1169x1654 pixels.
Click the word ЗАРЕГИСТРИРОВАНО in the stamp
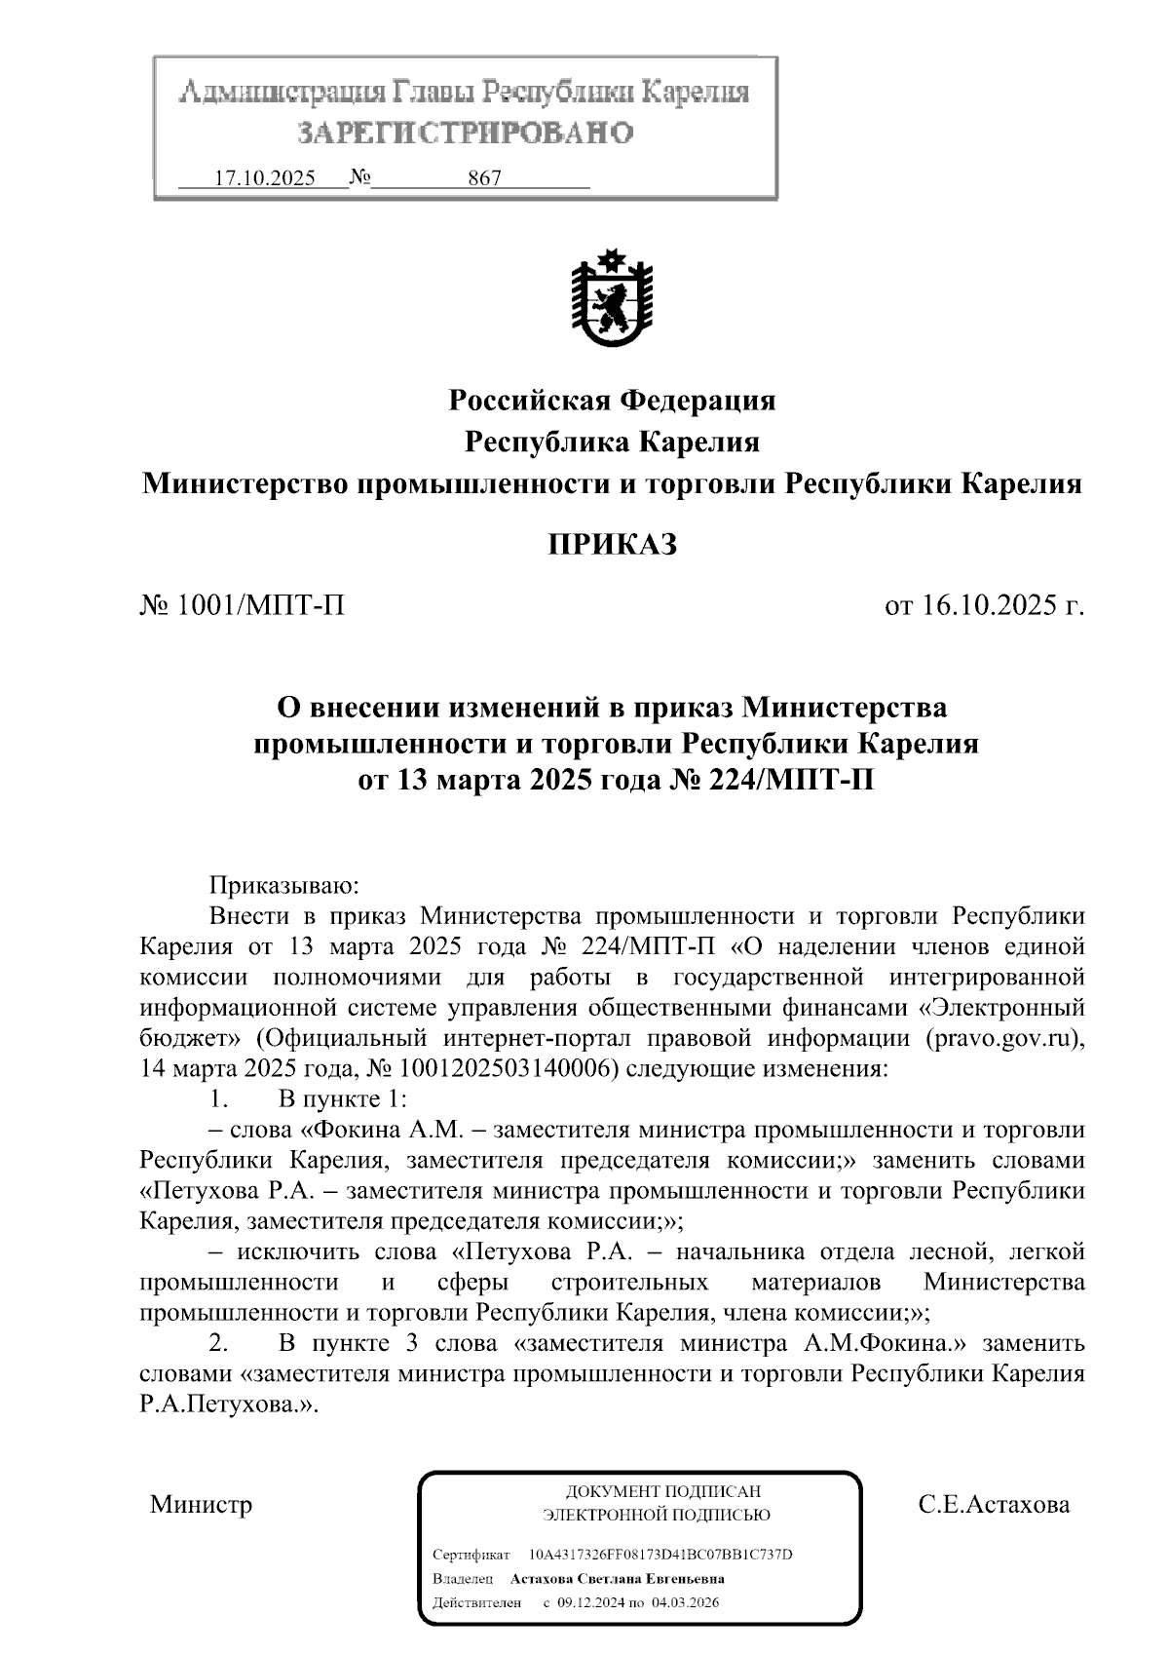465,132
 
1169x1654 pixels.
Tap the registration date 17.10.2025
264,178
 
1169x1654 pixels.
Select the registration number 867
484,178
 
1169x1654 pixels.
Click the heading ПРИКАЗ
611,544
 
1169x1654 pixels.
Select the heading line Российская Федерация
611,400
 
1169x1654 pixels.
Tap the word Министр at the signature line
201,1504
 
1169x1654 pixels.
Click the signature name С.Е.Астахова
994,1504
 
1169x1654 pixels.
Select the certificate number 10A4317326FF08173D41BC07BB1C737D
660,1554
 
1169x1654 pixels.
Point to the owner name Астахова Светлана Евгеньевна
617,1578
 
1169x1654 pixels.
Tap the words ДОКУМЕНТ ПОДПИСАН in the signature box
662,1491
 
